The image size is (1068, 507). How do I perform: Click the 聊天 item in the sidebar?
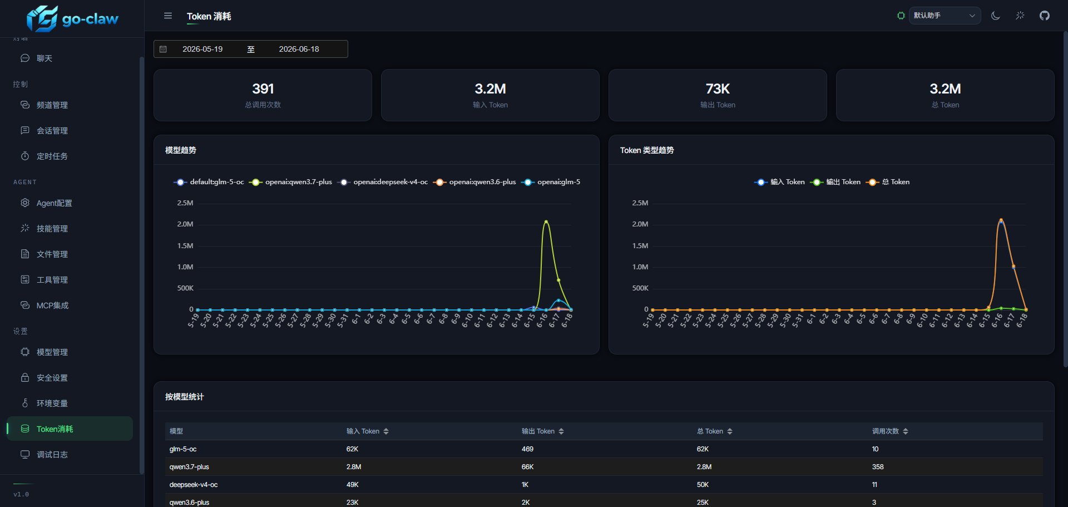point(44,58)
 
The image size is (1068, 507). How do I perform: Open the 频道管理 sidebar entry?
point(52,105)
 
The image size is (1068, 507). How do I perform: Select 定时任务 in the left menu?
point(52,156)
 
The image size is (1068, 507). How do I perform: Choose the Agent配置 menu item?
point(54,203)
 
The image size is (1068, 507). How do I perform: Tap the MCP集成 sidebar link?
point(52,306)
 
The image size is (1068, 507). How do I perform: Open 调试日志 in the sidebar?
point(52,455)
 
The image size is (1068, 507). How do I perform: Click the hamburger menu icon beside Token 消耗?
point(168,16)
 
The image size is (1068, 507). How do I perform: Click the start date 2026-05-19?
point(202,49)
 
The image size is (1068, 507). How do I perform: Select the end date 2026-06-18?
point(299,49)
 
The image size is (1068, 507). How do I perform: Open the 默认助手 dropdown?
point(945,16)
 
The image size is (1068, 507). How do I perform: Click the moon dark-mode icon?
point(996,16)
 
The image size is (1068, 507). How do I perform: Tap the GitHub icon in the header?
point(1045,16)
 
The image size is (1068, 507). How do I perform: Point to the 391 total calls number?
point(263,88)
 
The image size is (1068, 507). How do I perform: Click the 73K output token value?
point(718,88)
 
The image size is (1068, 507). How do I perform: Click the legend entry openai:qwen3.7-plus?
point(291,182)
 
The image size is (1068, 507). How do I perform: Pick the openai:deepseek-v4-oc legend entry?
point(383,182)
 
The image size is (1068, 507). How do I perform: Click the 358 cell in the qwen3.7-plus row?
point(878,467)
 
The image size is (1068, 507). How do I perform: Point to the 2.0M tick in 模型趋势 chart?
point(185,224)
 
